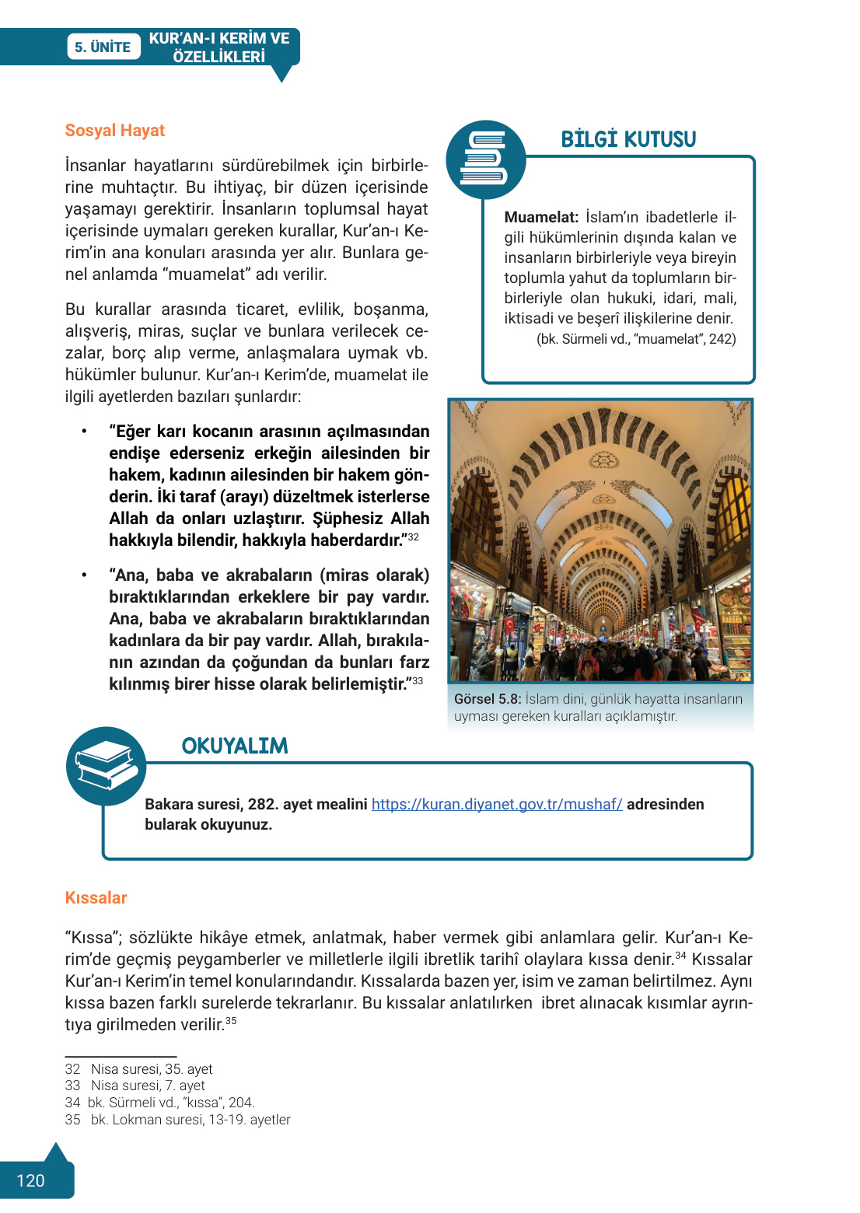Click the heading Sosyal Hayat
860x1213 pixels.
114,131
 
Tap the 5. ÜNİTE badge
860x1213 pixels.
103,47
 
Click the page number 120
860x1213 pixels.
30,1180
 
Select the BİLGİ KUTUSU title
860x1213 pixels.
628,140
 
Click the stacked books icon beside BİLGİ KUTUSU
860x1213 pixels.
485,159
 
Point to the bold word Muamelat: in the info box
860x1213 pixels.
541,218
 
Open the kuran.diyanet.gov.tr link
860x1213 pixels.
497,804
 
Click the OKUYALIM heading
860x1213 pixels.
234,746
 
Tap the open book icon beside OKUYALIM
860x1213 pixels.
107,765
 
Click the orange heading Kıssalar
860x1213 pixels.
96,898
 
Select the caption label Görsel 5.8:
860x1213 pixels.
488,699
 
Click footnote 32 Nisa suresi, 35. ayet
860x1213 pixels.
139,1069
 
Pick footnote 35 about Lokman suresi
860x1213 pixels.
178,1120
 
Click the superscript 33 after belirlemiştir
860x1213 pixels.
418,681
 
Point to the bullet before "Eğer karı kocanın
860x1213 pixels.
84,432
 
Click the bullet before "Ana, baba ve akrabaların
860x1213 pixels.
84,575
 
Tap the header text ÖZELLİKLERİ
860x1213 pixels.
218,57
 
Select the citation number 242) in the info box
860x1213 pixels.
722,339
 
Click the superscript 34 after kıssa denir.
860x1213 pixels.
680,956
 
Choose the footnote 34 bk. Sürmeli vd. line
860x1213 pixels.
160,1103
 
